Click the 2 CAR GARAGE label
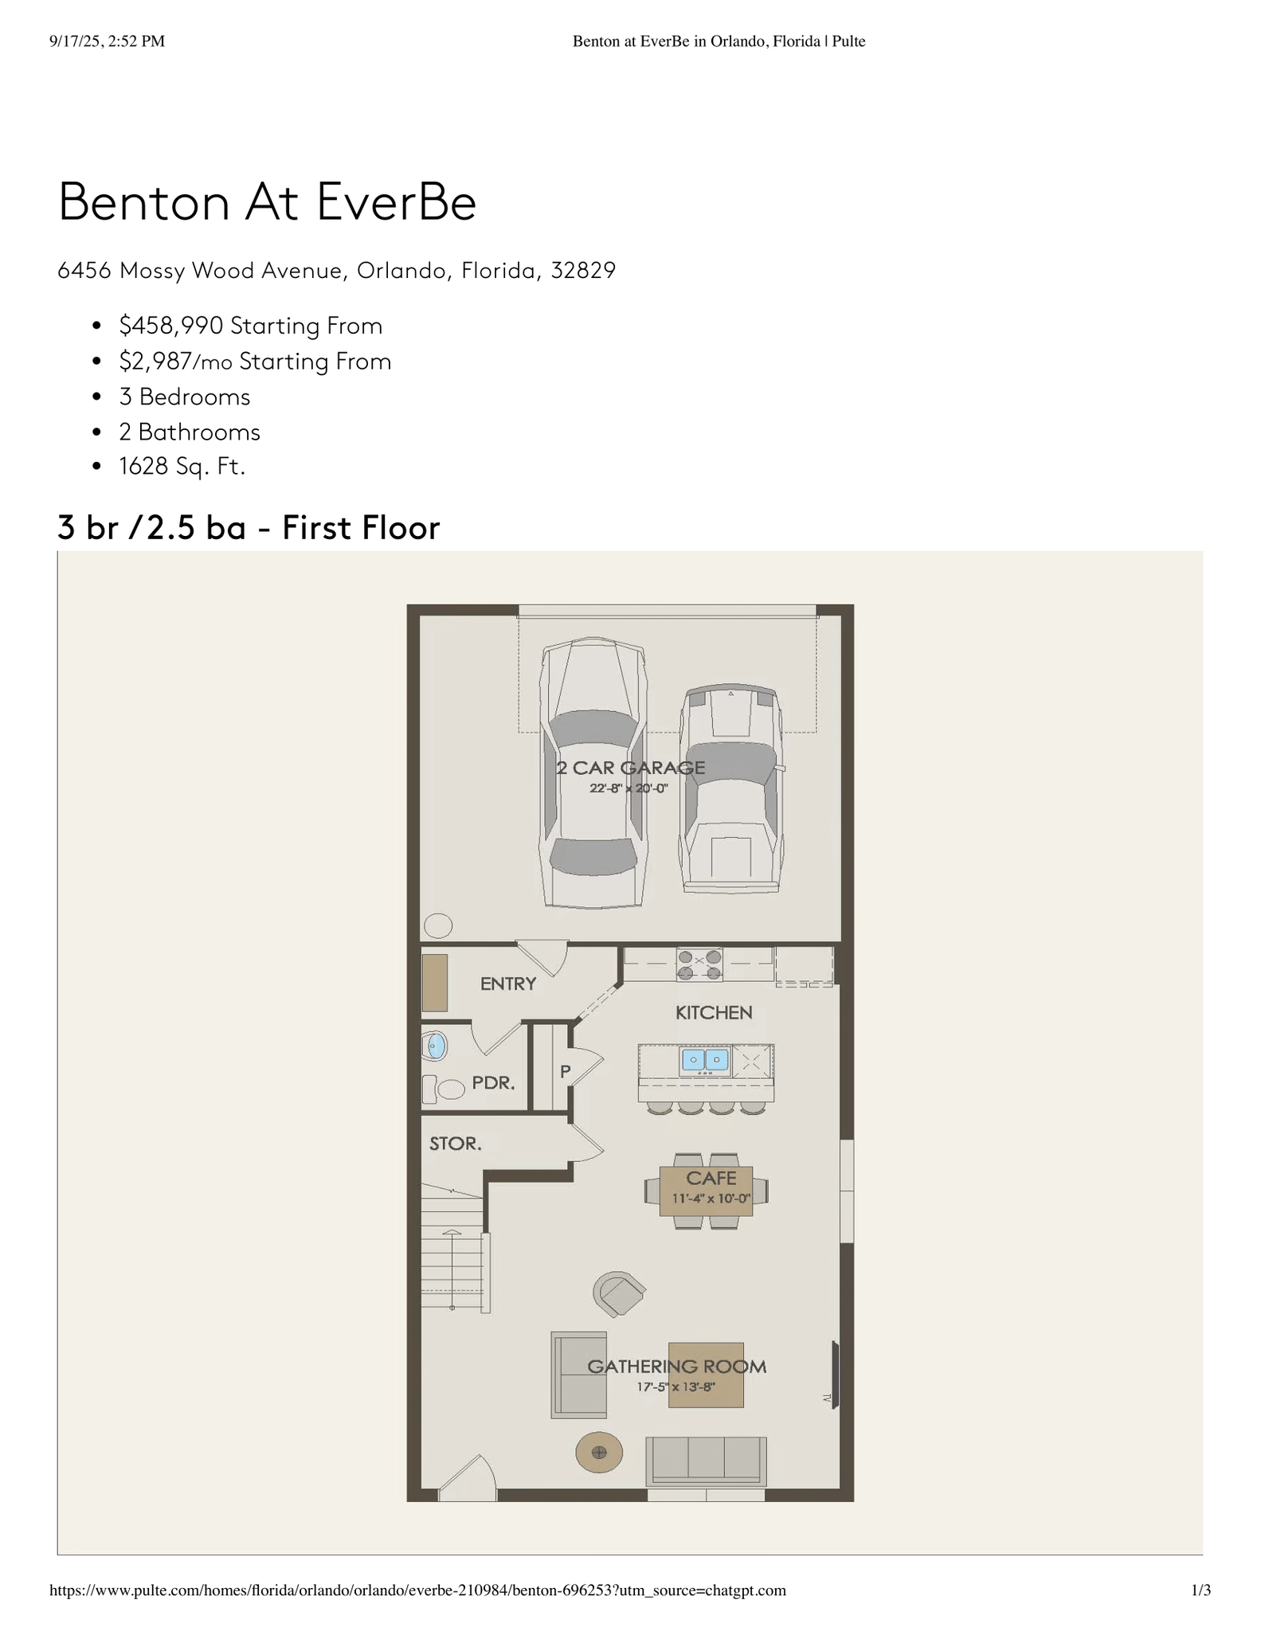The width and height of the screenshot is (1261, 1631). coord(630,768)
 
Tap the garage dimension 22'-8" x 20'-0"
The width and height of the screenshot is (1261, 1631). coord(629,788)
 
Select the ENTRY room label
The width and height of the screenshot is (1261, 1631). coord(508,984)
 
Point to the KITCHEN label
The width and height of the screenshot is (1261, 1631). coord(714,1013)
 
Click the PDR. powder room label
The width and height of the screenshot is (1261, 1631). coord(494,1083)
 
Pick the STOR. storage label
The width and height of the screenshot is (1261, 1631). coord(456,1144)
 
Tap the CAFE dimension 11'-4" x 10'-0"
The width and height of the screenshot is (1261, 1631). coord(711,1199)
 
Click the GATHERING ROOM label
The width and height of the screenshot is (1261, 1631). coord(677,1367)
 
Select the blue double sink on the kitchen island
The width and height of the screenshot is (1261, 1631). coord(705,1061)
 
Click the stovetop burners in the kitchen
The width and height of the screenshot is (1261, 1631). coord(699,964)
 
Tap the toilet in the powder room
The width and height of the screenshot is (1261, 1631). coord(443,1089)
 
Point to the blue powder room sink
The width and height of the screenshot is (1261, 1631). coord(436,1046)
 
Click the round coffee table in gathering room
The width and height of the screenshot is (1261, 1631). coord(599,1453)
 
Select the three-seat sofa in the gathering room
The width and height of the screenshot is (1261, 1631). coord(706,1461)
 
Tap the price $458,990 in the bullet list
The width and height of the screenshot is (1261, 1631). coord(171,326)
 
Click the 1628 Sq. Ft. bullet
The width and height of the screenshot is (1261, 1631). coord(182,466)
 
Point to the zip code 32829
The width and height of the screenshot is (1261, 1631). coord(583,271)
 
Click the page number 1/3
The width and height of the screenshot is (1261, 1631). coord(1200,1590)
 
